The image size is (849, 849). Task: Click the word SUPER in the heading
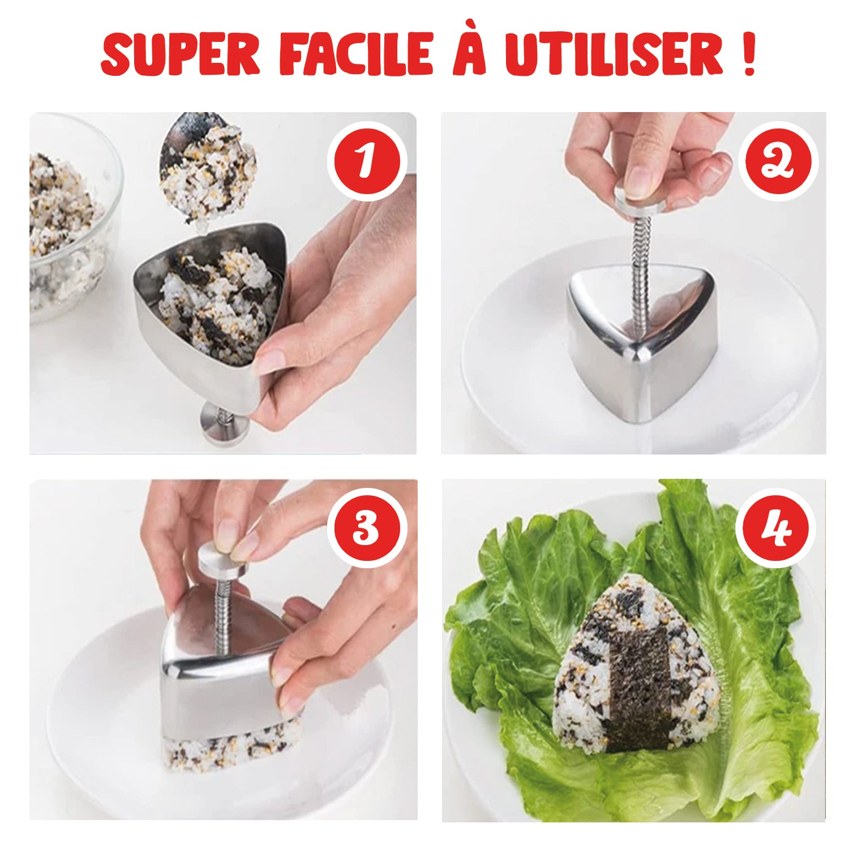pyautogui.click(x=180, y=54)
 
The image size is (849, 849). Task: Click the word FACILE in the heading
pyautogui.click(x=355, y=54)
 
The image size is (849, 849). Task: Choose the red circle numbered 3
pyautogui.click(x=367, y=528)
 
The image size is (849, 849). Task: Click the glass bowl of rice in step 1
pyautogui.click(x=68, y=221)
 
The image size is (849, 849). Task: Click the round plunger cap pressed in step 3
pyautogui.click(x=224, y=560)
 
